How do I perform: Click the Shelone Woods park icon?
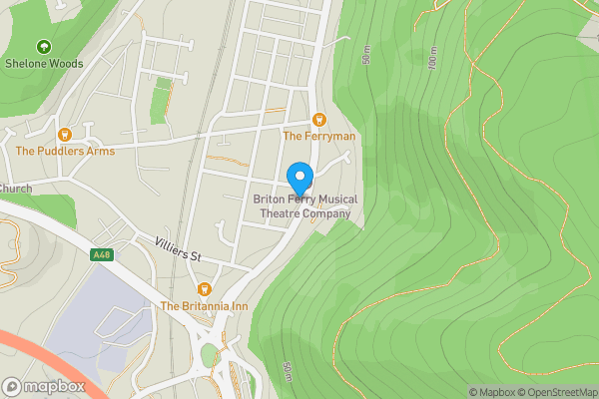click(43, 47)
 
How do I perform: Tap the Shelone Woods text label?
click(43, 63)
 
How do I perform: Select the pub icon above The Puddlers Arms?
click(65, 134)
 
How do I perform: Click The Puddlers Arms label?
click(65, 151)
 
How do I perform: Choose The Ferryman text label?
click(318, 136)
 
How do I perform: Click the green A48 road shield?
click(101, 255)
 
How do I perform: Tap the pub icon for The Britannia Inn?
click(204, 289)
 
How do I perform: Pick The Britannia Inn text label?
click(204, 306)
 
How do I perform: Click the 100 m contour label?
click(432, 59)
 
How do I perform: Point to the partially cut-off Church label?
click(16, 189)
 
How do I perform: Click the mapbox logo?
click(42, 386)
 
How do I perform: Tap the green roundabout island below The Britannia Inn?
click(209, 355)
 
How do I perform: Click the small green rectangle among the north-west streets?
click(160, 98)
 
